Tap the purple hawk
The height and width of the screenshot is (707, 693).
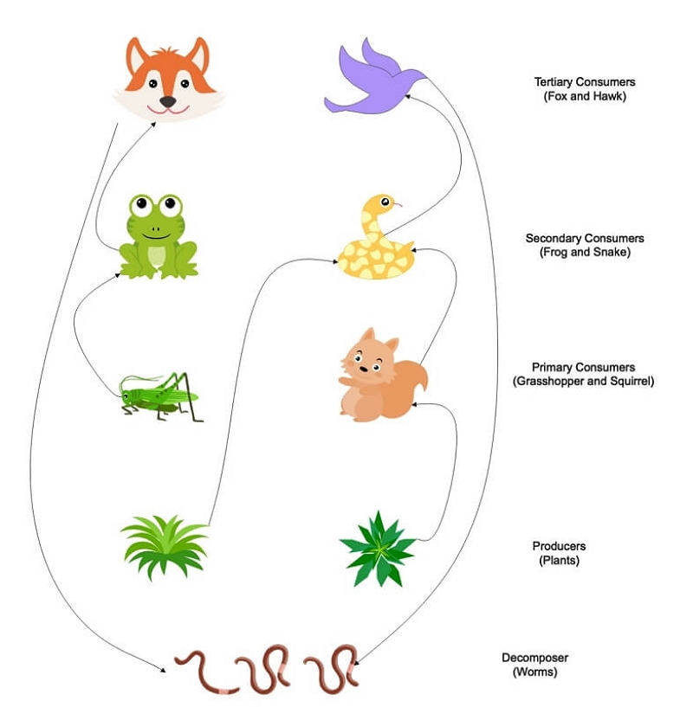point(372,82)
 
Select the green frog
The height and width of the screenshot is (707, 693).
point(158,238)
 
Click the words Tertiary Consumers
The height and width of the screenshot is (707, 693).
point(580,83)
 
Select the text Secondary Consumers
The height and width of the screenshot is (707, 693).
point(578,238)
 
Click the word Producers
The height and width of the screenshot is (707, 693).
point(559,546)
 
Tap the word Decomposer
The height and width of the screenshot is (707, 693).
point(535,658)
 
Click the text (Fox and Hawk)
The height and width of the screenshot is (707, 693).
point(580,97)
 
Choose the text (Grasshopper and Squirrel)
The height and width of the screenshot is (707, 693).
point(582,382)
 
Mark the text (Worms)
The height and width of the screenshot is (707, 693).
point(534,672)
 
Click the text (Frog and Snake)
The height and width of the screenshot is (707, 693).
point(578,252)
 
